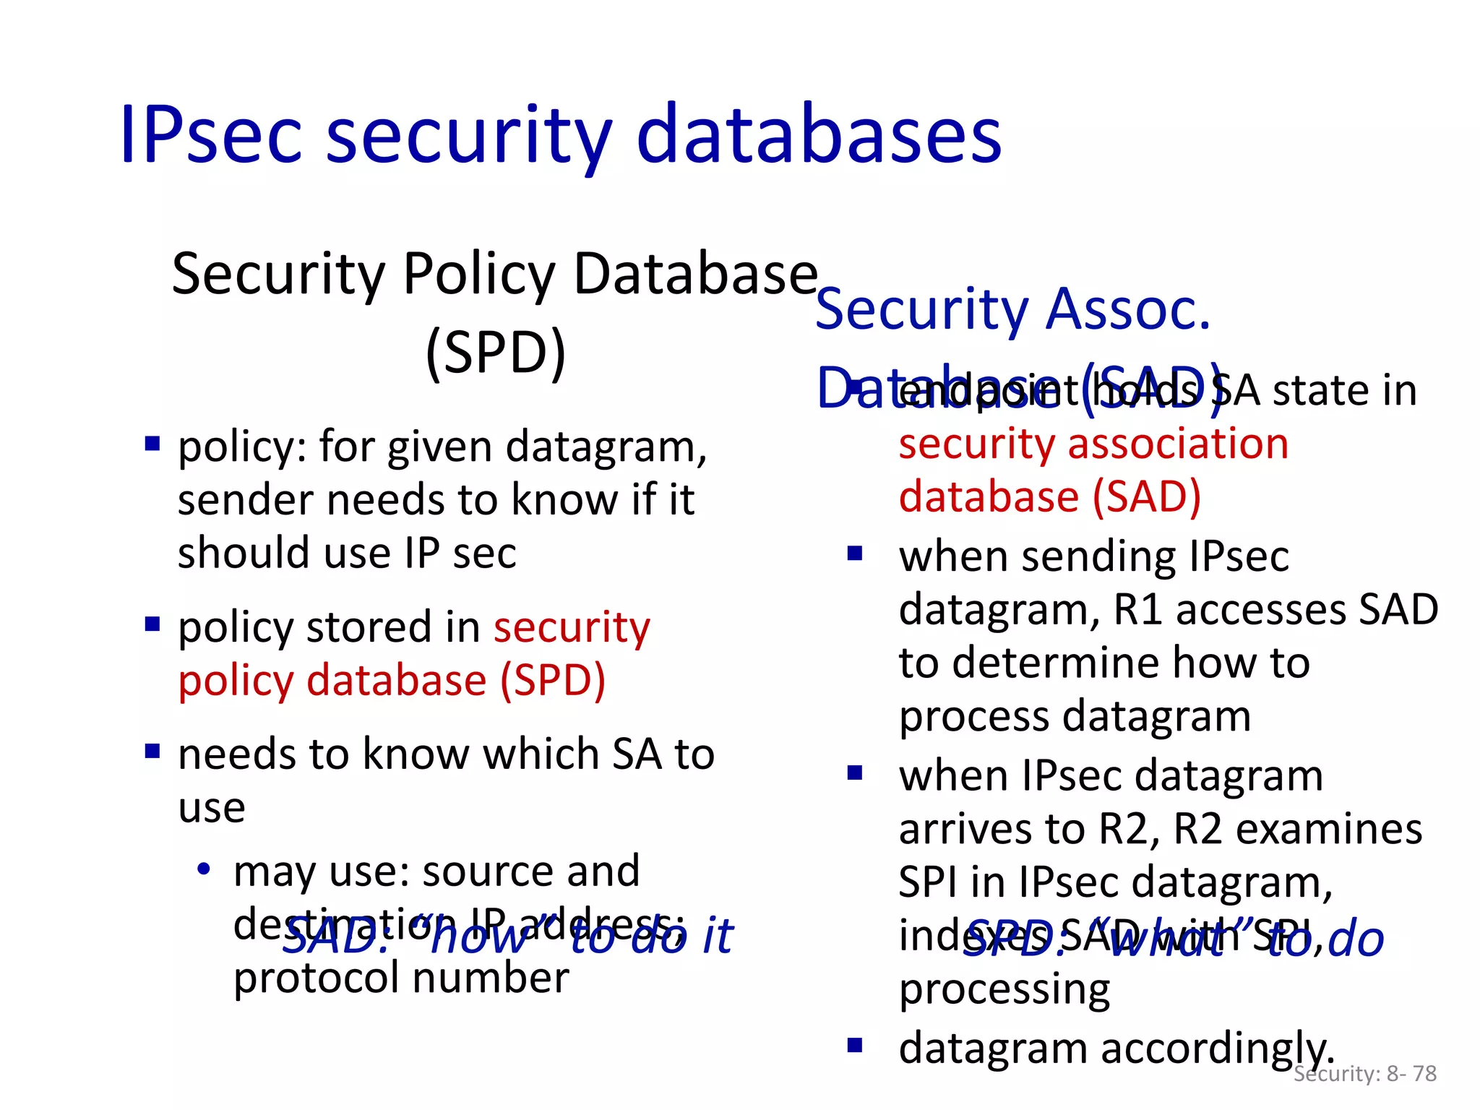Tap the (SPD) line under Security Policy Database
(x=496, y=353)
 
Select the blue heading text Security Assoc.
(x=1012, y=309)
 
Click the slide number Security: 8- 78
(x=1364, y=1074)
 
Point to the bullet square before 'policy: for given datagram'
(x=152, y=443)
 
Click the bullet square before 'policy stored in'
(x=152, y=624)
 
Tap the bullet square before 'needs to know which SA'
(x=152, y=751)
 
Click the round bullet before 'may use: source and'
(x=205, y=869)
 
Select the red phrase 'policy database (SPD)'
(x=392, y=681)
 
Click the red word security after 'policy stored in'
(x=572, y=627)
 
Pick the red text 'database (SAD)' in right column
(x=1049, y=496)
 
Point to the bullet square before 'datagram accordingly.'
(x=856, y=1045)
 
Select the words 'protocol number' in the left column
(x=401, y=978)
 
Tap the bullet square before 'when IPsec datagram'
(x=856, y=773)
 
